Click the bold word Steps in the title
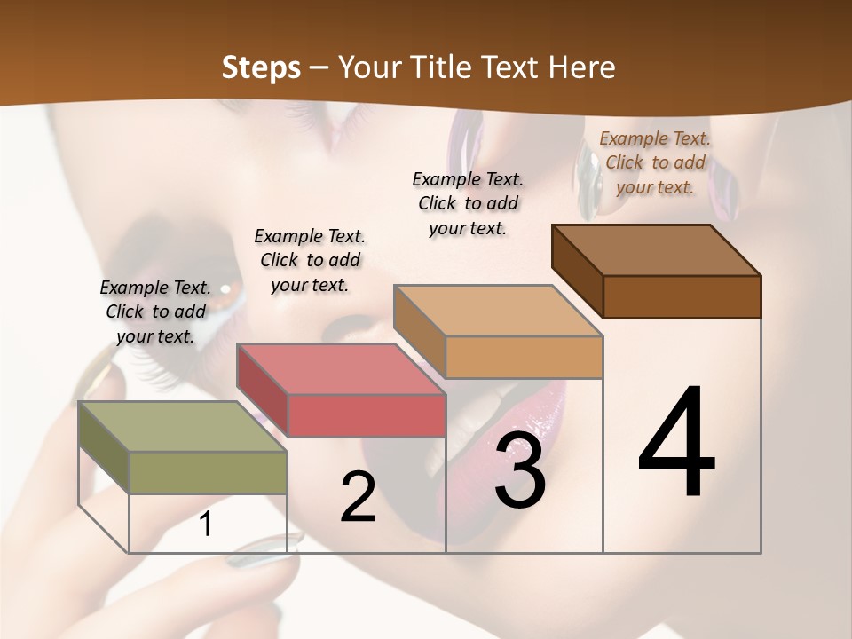260,67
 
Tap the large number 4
676,444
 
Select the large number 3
520,471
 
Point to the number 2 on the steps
358,497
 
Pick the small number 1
205,525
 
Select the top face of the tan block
497,311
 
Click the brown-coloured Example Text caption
655,162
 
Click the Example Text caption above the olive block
155,312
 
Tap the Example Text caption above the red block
310,260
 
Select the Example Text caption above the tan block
468,203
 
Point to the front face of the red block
367,415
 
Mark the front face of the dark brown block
682,296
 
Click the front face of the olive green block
209,472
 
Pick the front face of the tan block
524,357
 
